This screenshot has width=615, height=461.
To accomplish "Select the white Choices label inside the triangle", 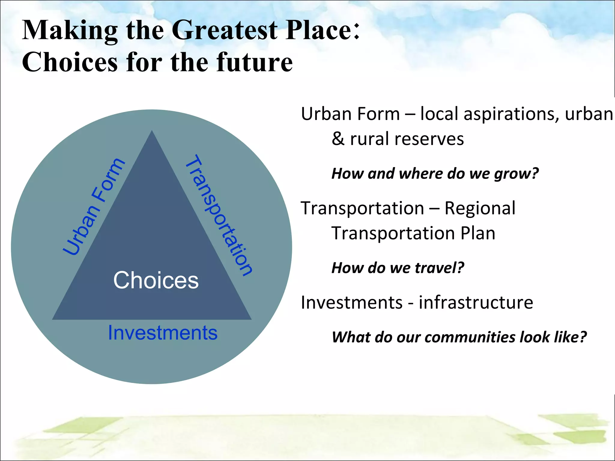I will click(156, 280).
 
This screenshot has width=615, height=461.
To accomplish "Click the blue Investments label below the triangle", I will click(162, 333).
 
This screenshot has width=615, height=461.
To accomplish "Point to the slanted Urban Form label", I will click(94, 206).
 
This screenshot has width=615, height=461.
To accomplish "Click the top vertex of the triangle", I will click(152, 131).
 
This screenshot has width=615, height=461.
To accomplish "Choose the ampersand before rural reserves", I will click(338, 139).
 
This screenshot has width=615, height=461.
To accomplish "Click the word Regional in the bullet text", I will click(480, 208).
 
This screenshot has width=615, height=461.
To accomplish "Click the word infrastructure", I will click(476, 303).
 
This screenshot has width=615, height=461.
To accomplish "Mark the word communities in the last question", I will click(470, 337).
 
